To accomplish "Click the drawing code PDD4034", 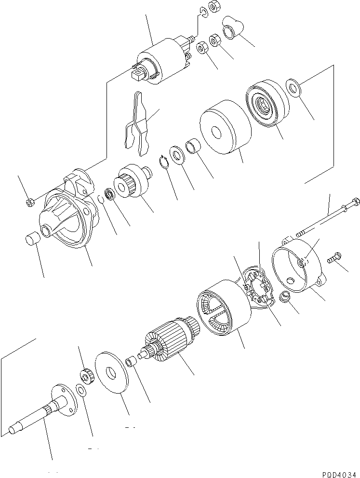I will click(x=339, y=474).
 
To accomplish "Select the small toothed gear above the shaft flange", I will click(x=86, y=373).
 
